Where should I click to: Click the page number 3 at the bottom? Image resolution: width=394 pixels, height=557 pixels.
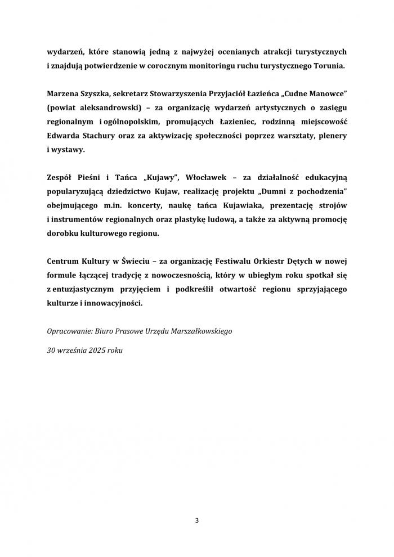(197, 520)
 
